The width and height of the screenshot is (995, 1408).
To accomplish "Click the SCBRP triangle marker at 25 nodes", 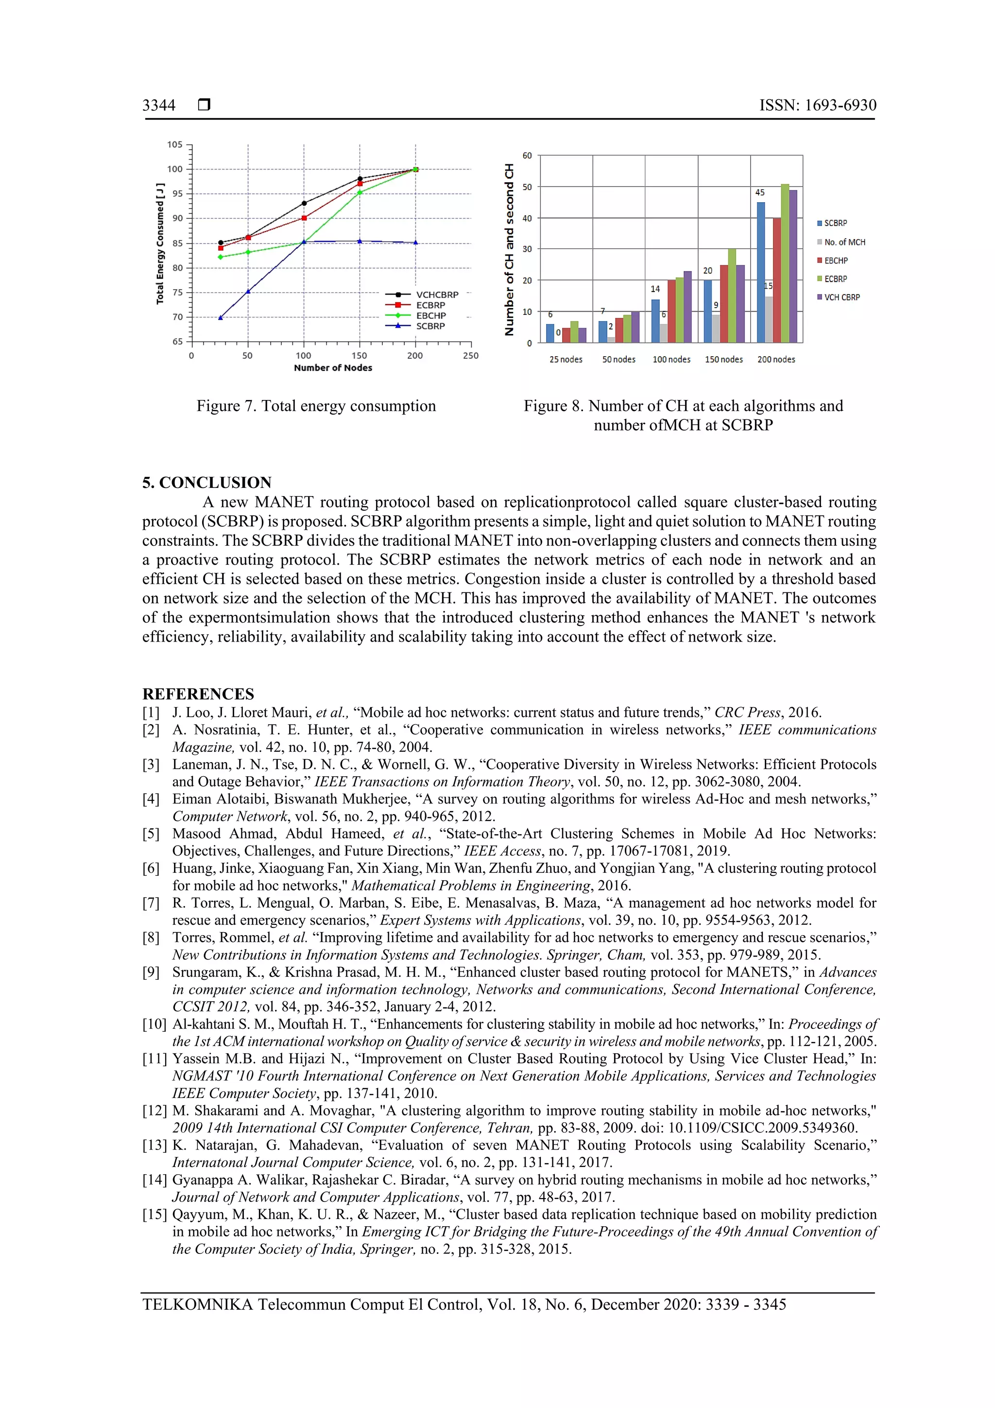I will tap(221, 318).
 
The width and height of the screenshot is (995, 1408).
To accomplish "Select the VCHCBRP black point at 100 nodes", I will tap(304, 203).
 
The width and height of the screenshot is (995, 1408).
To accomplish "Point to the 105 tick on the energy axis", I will tap(175, 145).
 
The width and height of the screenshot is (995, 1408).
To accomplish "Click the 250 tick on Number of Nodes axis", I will tap(471, 356).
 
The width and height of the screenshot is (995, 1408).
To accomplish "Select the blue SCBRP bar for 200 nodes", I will tap(761, 272).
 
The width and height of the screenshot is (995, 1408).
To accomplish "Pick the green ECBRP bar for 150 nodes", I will tap(732, 296).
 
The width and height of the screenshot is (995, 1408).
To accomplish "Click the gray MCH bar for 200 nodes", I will tap(769, 319).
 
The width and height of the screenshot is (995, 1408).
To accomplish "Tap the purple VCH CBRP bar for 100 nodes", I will tap(687, 307).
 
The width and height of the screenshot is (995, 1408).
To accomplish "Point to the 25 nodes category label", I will tap(566, 359).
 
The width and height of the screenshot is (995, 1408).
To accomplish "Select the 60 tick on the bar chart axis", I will tap(527, 156).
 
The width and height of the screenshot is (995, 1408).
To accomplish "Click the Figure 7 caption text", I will tap(316, 406).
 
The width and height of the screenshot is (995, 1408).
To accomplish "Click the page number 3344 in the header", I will tap(159, 105).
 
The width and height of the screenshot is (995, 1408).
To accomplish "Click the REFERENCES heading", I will tap(198, 694).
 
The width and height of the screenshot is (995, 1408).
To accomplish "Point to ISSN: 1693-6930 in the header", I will tap(817, 105).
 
